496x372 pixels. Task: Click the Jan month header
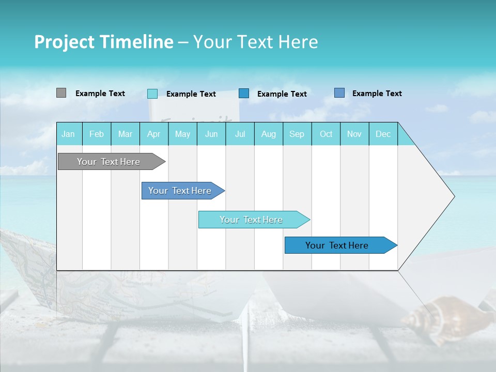click(x=68, y=134)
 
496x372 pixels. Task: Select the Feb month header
click(x=97, y=134)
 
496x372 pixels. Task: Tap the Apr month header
click(x=153, y=134)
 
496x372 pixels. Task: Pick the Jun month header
click(x=211, y=134)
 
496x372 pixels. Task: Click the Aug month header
click(x=269, y=134)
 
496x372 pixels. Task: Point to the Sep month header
click(x=297, y=134)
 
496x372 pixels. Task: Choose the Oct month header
click(x=326, y=134)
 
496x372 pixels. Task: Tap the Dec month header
click(x=383, y=134)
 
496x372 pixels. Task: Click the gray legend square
click(x=61, y=93)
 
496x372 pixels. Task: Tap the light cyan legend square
click(x=152, y=94)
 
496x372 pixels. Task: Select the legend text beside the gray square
click(x=100, y=94)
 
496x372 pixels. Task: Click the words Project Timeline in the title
click(x=103, y=42)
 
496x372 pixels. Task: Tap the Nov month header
click(x=354, y=134)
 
